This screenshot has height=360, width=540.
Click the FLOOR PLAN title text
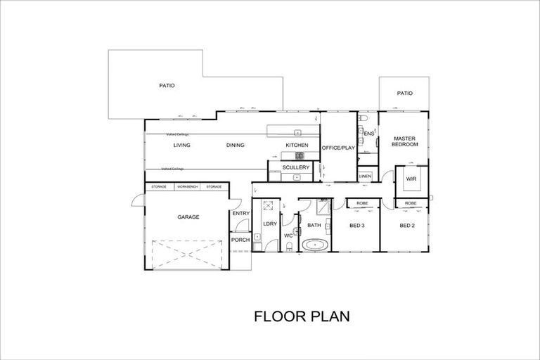[301, 317]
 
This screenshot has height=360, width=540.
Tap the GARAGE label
[188, 217]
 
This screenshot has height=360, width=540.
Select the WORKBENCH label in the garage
[188, 186]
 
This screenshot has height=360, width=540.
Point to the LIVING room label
[183, 146]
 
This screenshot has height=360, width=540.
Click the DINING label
[235, 146]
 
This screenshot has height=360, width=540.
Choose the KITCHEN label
[297, 146]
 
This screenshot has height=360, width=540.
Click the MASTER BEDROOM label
[406, 141]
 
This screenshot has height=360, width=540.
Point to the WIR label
[411, 179]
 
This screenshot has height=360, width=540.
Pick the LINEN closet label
[365, 176]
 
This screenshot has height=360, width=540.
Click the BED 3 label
[357, 225]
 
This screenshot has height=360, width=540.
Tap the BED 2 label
[408, 225]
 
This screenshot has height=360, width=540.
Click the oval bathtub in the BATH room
[314, 246]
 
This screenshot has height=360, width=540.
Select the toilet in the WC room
[290, 245]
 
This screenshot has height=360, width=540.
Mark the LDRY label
[269, 224]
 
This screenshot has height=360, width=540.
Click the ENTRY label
[240, 213]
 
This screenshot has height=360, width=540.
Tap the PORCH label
[240, 240]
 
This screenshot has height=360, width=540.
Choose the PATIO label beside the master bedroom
[404, 93]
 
